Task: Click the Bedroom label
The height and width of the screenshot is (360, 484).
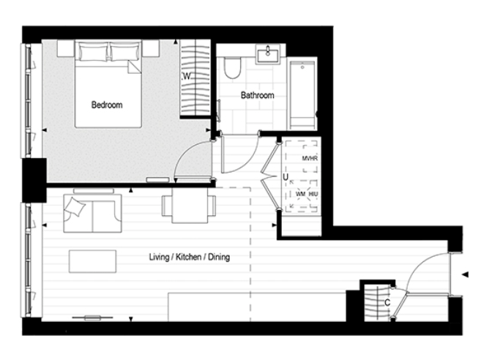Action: coord(106,105)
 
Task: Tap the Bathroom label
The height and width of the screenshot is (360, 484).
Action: coord(258,95)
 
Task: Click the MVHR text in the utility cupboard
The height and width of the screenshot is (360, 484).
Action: coord(308,158)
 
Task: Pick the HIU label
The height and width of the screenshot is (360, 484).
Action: coord(313,193)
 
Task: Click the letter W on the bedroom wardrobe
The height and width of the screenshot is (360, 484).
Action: coord(187,77)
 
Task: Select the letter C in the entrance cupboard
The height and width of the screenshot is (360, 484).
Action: coord(386,301)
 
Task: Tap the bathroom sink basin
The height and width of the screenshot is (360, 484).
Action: coord(268,53)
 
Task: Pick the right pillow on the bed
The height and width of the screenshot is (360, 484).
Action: coord(127,52)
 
